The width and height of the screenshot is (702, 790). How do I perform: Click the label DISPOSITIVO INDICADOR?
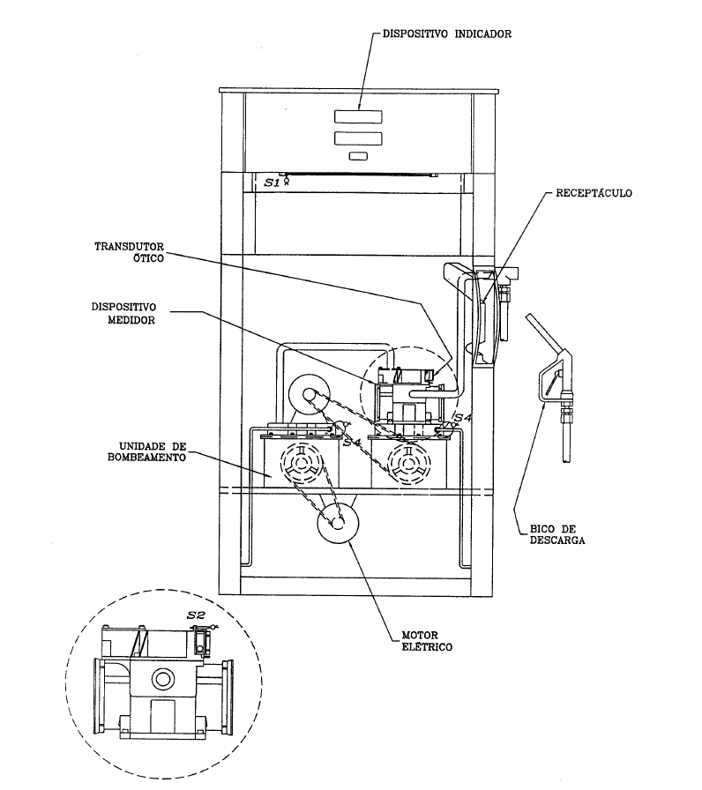(447, 34)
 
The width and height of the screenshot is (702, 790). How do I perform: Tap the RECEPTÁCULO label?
(594, 193)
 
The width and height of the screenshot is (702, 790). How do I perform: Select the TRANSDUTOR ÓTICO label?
(130, 252)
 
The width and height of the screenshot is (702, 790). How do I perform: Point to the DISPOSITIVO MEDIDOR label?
(124, 313)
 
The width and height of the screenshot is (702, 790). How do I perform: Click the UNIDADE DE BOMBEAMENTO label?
(146, 452)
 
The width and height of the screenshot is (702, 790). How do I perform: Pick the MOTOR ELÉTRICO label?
(427, 641)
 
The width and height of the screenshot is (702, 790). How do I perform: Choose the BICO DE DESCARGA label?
(556, 534)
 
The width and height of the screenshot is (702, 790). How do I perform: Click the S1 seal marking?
(273, 183)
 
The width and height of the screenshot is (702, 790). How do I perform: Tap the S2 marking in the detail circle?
(196, 615)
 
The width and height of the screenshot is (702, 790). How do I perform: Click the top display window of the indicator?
(358, 116)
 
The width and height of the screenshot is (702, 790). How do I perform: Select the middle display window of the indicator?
(358, 138)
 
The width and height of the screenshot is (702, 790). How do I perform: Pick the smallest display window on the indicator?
(358, 156)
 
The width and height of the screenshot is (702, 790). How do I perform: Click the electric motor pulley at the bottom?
(338, 523)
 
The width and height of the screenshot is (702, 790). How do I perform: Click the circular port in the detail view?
(162, 679)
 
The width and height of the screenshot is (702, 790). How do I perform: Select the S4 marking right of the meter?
(463, 418)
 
